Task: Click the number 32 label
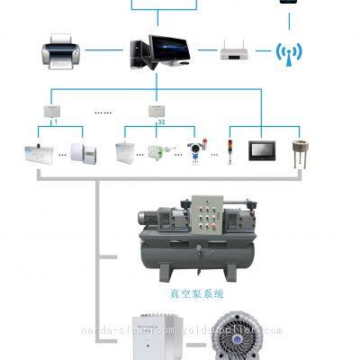coord(161,121)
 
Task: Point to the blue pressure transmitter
coord(193,147)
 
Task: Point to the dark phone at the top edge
coord(288,2)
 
